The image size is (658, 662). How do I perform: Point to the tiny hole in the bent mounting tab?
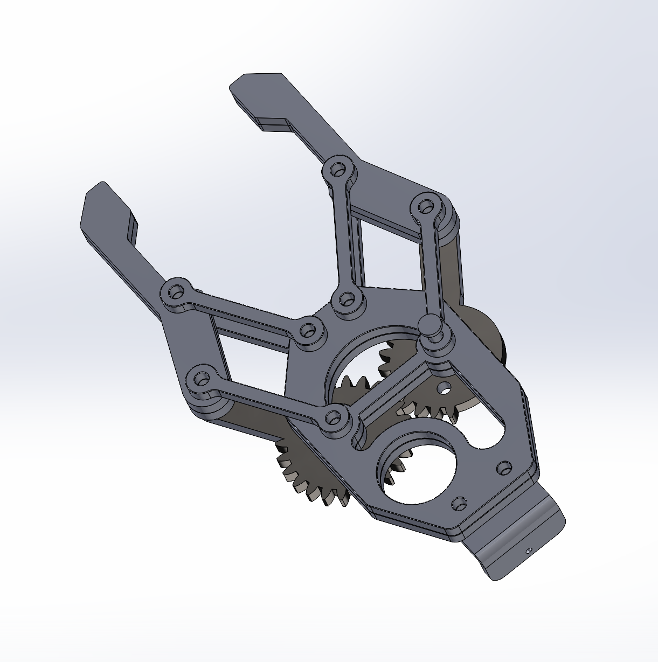pyautogui.click(x=528, y=551)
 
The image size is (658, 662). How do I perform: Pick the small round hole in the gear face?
pyautogui.click(x=445, y=386)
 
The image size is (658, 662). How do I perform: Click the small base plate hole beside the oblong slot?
pyautogui.click(x=504, y=466)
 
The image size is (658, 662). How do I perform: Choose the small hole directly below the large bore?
pyautogui.click(x=459, y=504)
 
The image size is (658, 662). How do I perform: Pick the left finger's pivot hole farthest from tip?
pyautogui.click(x=200, y=378)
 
